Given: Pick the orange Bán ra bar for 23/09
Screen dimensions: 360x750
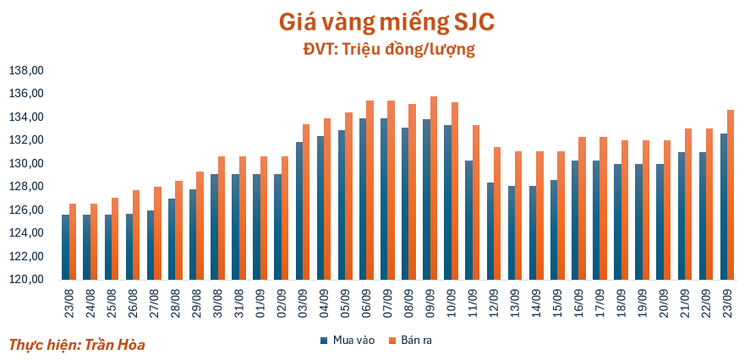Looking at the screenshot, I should click(731, 194).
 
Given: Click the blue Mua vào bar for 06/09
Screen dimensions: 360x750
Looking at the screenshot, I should click(362, 199).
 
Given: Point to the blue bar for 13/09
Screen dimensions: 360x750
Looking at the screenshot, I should click(511, 232).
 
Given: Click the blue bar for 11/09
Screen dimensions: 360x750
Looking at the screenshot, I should click(468, 220).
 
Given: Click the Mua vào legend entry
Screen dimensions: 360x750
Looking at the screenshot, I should click(348, 340).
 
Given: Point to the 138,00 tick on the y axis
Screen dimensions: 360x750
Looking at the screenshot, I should click(25, 70).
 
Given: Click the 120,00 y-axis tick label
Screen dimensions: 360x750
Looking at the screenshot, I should click(25, 280).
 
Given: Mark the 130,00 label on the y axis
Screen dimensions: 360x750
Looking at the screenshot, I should click(25, 163).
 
